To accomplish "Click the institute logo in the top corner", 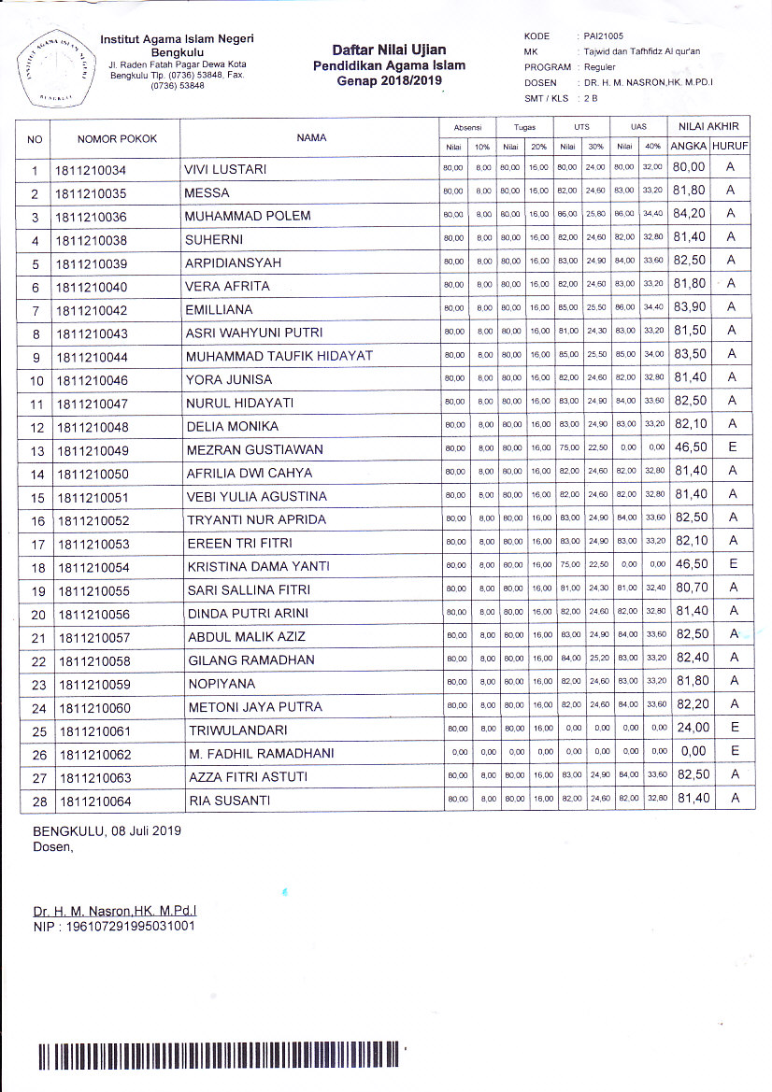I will [54, 68].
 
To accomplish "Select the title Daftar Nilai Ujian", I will [389, 50].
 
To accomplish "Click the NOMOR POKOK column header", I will [117, 138].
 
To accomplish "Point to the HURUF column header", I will [730, 147].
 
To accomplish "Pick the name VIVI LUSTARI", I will [226, 169].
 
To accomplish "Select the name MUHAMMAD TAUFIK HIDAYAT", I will [279, 357].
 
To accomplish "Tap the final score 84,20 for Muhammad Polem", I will [688, 214].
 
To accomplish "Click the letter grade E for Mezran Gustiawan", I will [733, 447].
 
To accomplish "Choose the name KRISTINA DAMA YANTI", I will [258, 567].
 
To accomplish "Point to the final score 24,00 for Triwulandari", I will [689, 728].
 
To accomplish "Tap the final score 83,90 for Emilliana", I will [688, 307].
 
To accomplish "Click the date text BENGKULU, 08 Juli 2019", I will [107, 830].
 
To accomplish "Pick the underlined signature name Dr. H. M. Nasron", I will [115, 909].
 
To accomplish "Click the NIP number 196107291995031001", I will [114, 926].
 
